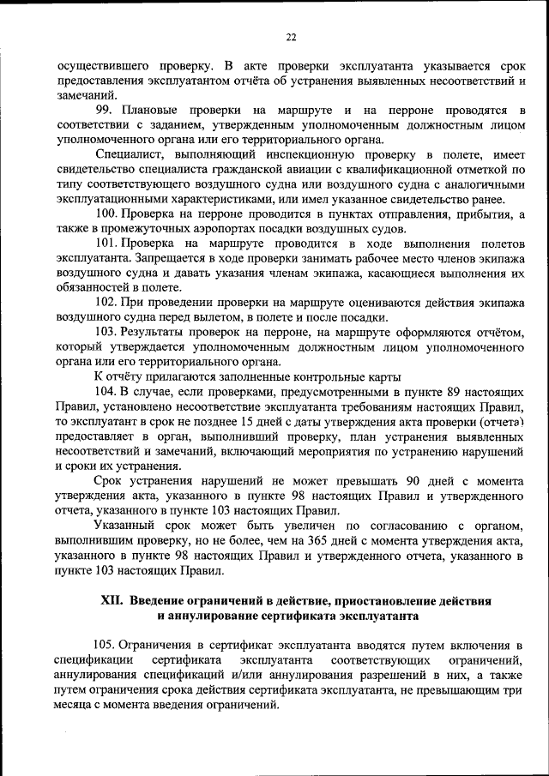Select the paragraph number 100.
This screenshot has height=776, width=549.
106,213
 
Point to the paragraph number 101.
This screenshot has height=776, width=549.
106,244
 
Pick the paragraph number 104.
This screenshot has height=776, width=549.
106,390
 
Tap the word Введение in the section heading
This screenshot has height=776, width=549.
164,601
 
